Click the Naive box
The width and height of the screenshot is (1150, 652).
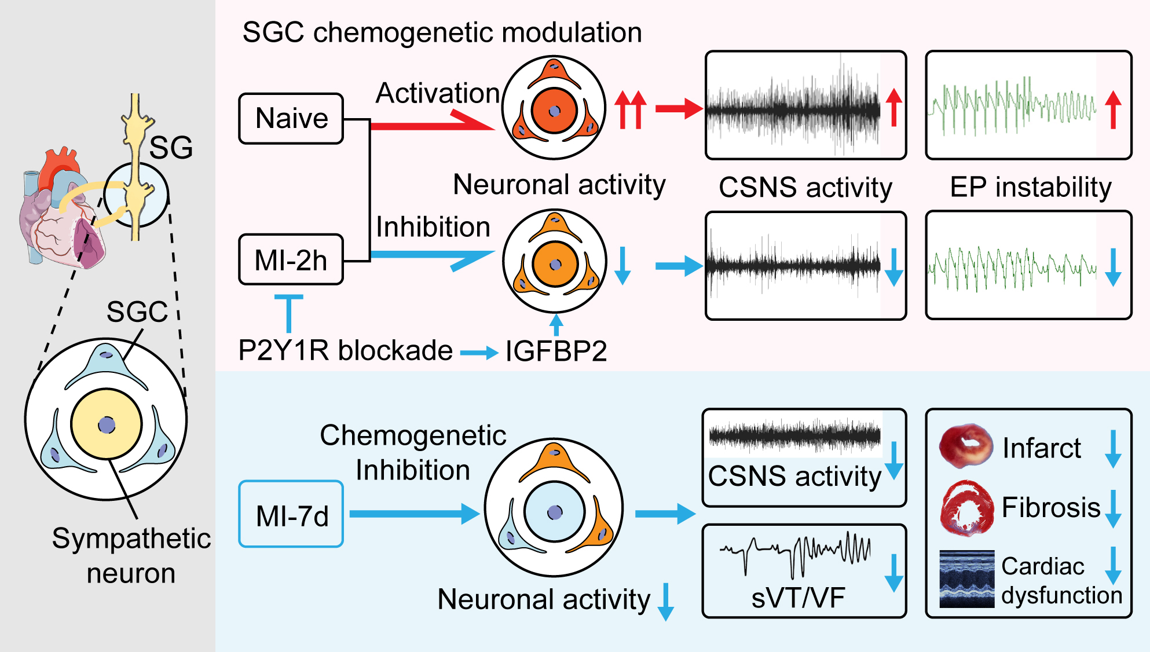point(291,119)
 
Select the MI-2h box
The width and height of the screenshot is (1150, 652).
point(291,260)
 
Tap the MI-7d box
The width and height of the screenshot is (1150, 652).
point(291,514)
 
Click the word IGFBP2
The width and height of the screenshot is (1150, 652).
point(556,351)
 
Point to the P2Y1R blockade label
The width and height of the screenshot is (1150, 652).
point(345,350)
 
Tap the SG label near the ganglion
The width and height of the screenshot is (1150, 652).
point(171,148)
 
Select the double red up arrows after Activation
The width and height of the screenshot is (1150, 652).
point(630,109)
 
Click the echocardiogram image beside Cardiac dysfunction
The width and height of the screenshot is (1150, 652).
point(966,578)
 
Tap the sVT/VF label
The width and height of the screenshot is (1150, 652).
point(798,598)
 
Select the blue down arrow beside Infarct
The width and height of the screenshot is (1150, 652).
point(1113,449)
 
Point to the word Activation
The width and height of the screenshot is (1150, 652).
point(437,93)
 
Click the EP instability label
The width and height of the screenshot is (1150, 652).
point(1031,187)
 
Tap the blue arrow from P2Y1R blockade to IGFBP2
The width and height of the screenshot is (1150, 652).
point(479,352)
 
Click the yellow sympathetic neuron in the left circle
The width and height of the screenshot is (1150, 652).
point(107,424)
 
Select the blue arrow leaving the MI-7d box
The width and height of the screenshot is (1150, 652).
point(414,514)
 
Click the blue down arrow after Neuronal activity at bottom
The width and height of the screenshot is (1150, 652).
point(666,602)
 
